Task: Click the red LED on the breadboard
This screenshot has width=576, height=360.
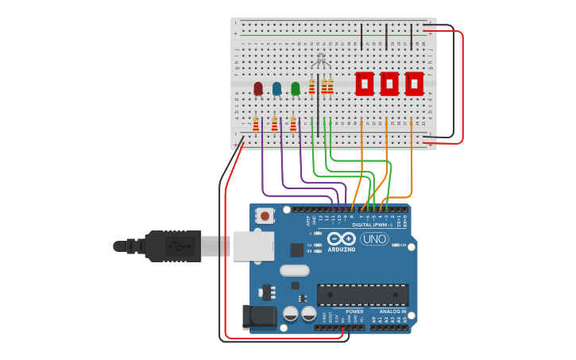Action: (x=258, y=88)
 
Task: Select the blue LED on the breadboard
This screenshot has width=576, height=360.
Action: (x=276, y=88)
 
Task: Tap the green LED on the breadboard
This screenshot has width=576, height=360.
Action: (x=296, y=88)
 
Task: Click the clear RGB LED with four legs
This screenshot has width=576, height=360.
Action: (x=320, y=60)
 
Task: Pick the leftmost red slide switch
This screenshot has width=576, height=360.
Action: (x=364, y=83)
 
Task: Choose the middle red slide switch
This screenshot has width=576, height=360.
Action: (x=389, y=83)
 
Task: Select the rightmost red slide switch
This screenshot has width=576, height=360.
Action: (x=414, y=83)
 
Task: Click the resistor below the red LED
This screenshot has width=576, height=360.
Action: (x=256, y=124)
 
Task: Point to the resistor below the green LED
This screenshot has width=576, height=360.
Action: (x=293, y=124)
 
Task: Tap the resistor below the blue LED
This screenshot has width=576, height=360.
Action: (x=275, y=124)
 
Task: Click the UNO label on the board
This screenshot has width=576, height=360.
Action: (x=374, y=239)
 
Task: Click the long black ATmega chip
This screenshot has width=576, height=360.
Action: (x=362, y=295)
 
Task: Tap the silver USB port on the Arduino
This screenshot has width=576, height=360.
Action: (x=253, y=246)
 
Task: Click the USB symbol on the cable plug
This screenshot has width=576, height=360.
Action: (x=184, y=246)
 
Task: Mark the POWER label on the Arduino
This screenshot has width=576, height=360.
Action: (x=354, y=312)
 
